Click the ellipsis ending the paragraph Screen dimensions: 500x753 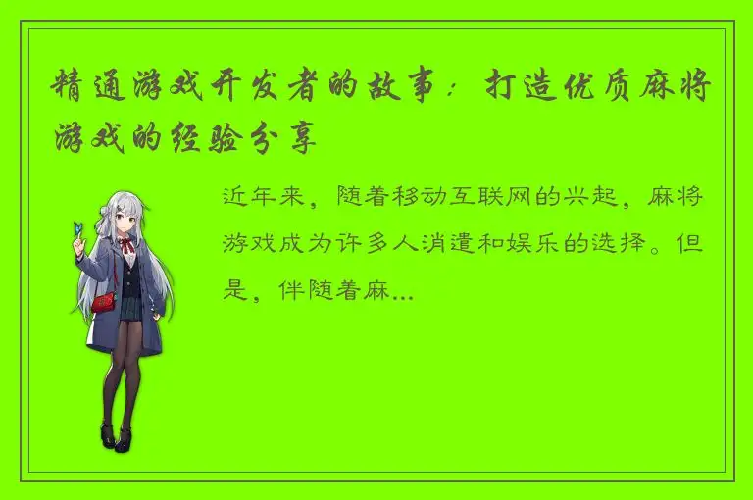click(402, 292)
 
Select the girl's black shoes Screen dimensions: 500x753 click(114, 436)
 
